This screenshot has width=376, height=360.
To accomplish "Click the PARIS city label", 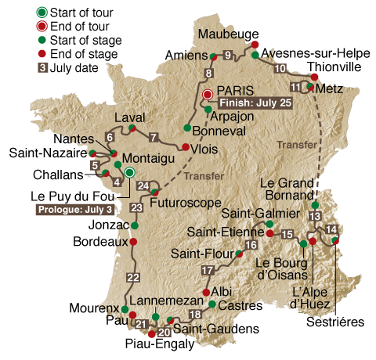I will [237, 90].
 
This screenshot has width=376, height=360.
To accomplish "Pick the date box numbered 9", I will [227, 55].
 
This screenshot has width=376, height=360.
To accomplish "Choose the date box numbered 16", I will [251, 245].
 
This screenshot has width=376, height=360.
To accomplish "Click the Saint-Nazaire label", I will [45, 152].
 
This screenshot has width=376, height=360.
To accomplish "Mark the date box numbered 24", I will [142, 185].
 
